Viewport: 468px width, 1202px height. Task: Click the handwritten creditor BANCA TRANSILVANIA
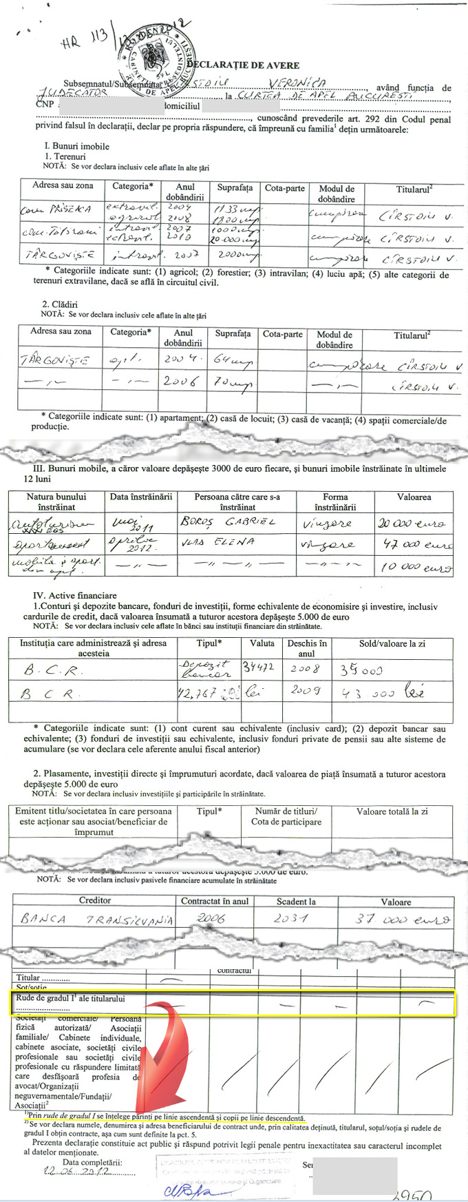point(96,919)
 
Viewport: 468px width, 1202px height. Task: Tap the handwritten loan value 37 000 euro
point(402,919)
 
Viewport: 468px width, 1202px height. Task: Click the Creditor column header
point(95,900)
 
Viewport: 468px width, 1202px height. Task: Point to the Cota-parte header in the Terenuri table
point(284,188)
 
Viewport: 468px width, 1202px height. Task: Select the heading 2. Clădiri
point(60,304)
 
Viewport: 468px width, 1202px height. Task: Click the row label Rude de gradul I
point(70,998)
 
